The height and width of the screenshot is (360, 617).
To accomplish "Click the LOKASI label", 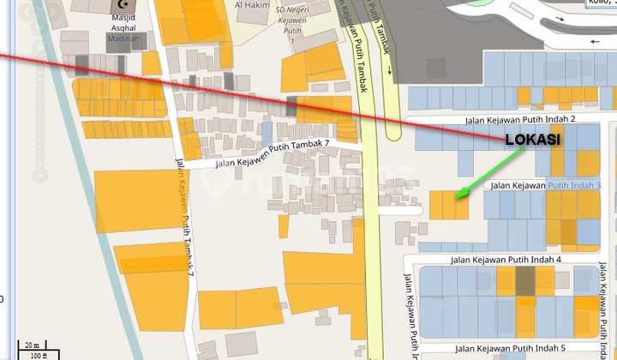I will click(x=532, y=141).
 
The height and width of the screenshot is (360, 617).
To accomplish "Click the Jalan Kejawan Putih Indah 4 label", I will click(x=499, y=259).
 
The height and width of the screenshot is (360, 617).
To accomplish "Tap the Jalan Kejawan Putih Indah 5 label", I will click(x=509, y=348).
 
